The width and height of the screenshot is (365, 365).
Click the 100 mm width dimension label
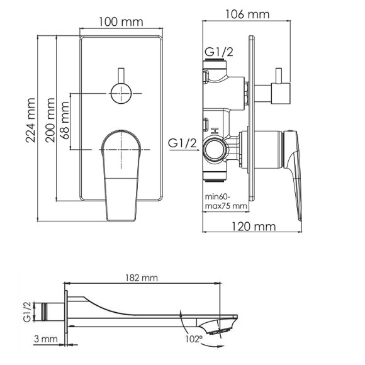[121, 21]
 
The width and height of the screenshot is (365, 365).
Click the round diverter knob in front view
[121, 93]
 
